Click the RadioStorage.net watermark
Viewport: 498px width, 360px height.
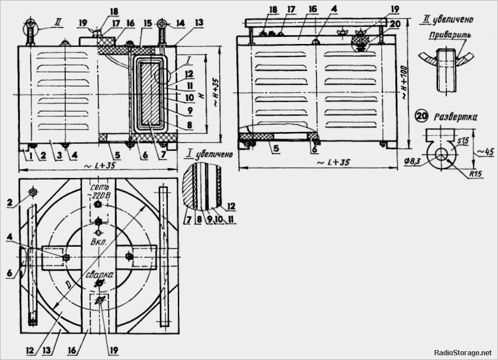coord(463,353)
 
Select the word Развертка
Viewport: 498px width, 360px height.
coord(455,117)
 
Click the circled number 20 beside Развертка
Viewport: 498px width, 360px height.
coord(422,116)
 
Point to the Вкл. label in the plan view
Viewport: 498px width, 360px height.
coord(97,241)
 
